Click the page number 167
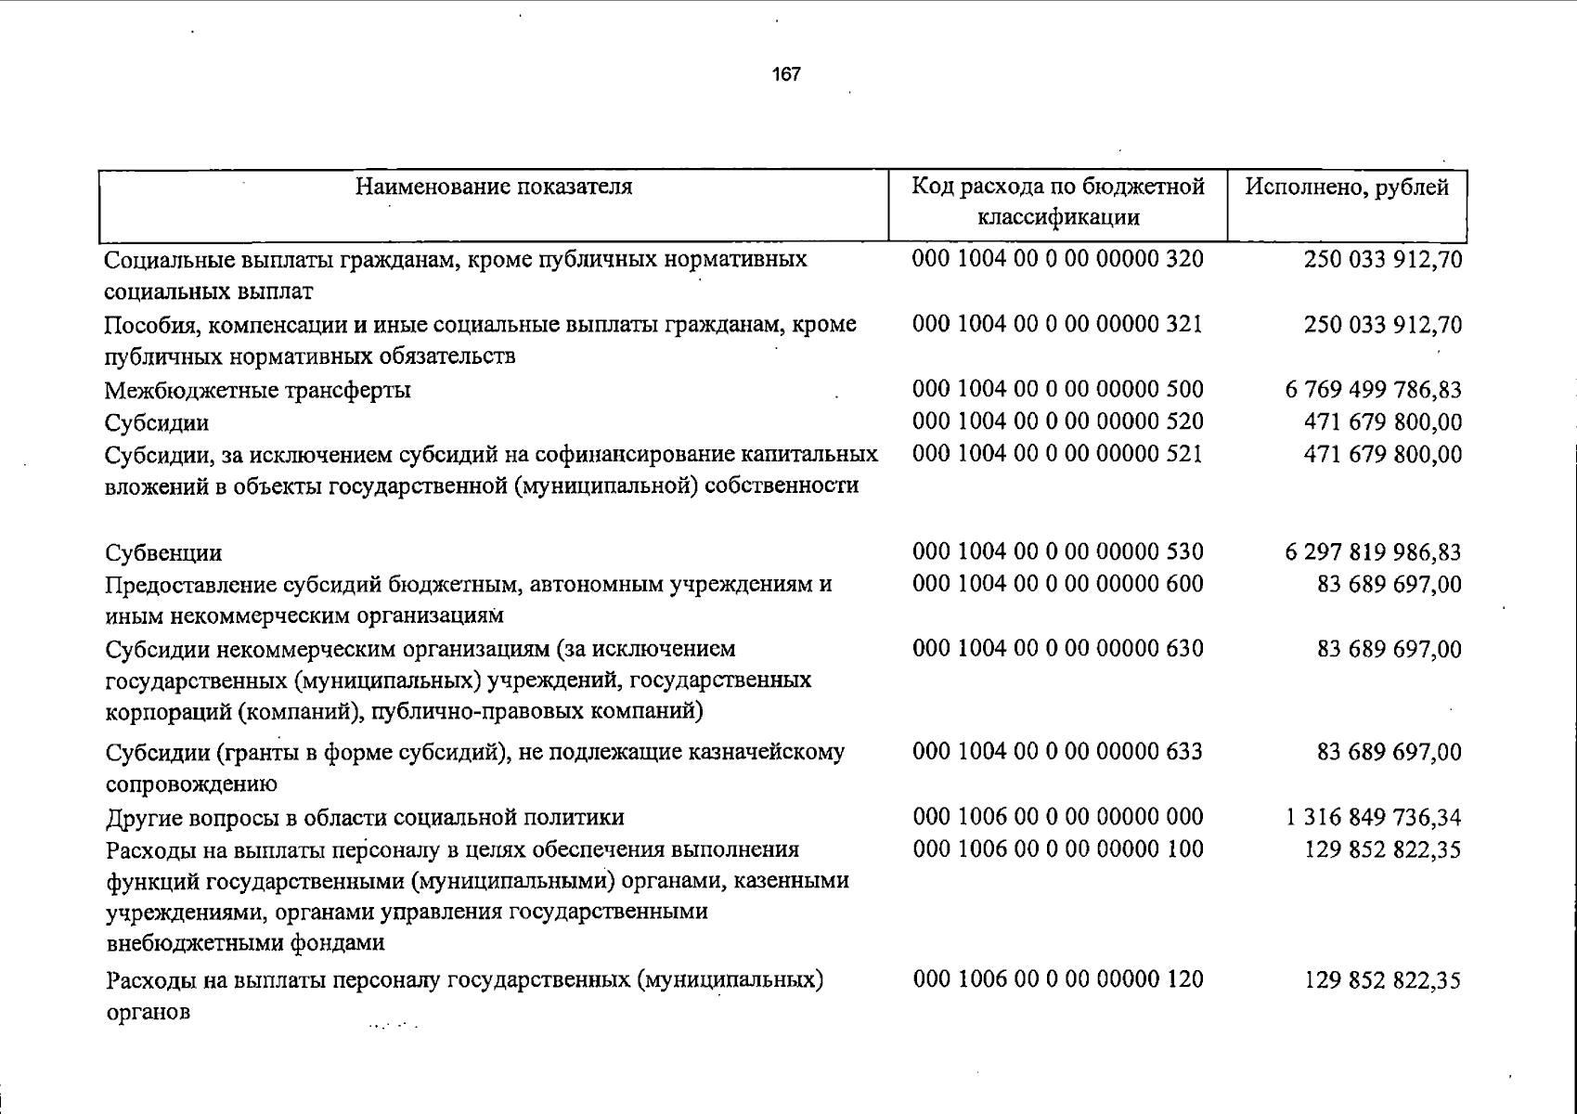tap(785, 74)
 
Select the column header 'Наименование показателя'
tap(494, 187)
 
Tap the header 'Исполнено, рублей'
tap(1347, 188)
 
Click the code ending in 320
tap(1057, 258)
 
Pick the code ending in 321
tap(1057, 324)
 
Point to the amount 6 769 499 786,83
tap(1373, 389)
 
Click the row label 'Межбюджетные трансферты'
tap(257, 390)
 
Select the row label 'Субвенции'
tap(163, 553)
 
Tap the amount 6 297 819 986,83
tap(1373, 552)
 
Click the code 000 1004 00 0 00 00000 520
tap(1057, 421)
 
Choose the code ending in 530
tap(1057, 551)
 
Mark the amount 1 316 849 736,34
tap(1373, 817)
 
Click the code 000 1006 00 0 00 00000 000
tap(1057, 816)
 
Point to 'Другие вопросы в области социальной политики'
tap(365, 817)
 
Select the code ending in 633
tap(1057, 751)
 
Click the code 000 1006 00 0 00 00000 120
tap(1057, 978)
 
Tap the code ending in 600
tap(1057, 584)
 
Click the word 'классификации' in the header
tap(1057, 218)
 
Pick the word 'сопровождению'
tap(191, 784)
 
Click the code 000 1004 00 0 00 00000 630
tap(1057, 648)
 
